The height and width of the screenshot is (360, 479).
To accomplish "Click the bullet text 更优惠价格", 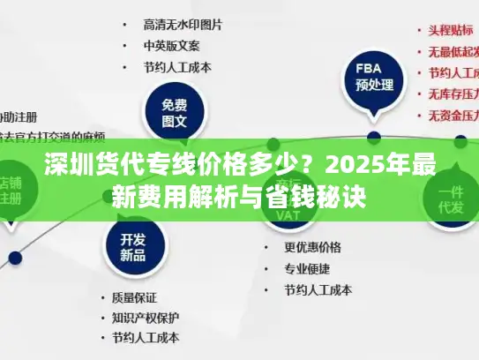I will pyautogui.click(x=312, y=247).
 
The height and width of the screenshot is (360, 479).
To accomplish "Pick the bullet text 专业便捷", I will pyautogui.click(x=306, y=268).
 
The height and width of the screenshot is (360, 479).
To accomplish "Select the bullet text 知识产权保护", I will pyautogui.click(x=146, y=317).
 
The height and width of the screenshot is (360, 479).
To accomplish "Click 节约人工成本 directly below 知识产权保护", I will pyautogui.click(x=146, y=337).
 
